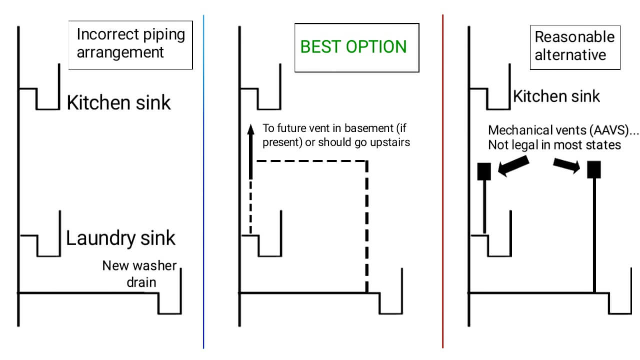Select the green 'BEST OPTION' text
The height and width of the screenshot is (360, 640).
click(x=353, y=47)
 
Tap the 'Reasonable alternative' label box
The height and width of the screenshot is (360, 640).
click(x=574, y=45)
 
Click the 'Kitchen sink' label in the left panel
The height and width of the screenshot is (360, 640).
click(x=118, y=103)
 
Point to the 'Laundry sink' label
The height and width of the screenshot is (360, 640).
click(x=120, y=238)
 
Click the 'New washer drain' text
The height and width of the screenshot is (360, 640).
click(x=139, y=273)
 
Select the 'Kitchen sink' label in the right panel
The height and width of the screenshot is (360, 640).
click(x=556, y=96)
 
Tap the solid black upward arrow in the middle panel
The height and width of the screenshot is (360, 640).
click(x=251, y=150)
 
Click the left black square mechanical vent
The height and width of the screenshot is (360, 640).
click(x=484, y=171)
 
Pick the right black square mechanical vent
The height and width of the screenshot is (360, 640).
click(x=593, y=170)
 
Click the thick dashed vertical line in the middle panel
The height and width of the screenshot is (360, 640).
click(x=367, y=225)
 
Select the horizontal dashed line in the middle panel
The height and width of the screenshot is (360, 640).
click(x=310, y=161)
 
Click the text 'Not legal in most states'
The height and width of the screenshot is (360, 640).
click(x=554, y=145)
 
